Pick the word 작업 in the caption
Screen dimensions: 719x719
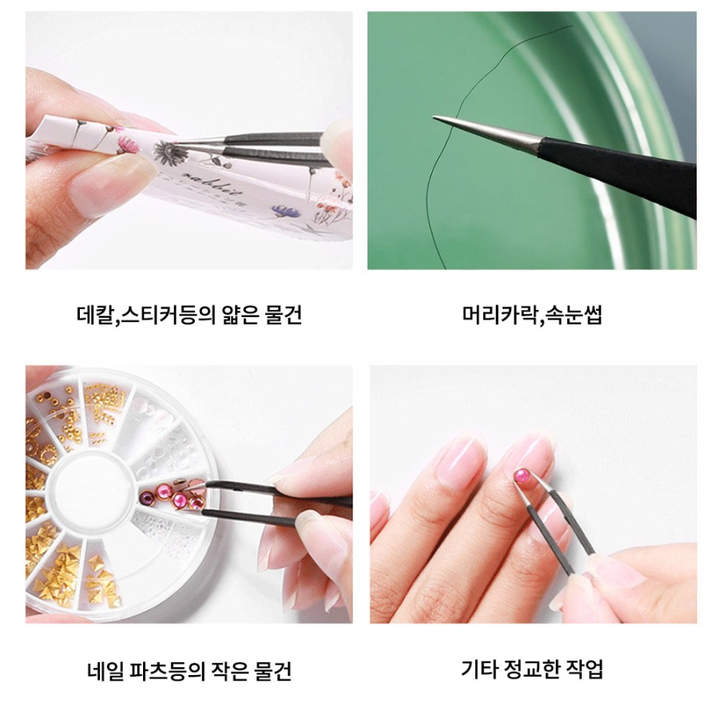click(585, 668)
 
